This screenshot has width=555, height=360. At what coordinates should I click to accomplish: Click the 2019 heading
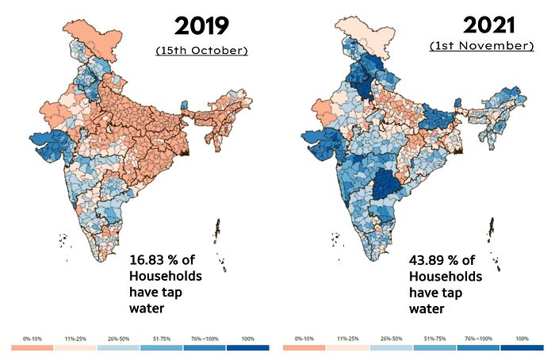click(x=201, y=25)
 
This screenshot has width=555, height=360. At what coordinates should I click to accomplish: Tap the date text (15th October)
click(x=201, y=51)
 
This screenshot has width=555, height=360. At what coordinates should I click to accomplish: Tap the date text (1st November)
click(x=481, y=46)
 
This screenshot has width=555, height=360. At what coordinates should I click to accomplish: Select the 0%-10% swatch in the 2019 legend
click(x=32, y=347)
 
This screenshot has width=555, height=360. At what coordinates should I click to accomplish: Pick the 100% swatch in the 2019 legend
click(x=247, y=347)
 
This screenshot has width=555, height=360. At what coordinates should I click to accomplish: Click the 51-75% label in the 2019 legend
click(x=162, y=339)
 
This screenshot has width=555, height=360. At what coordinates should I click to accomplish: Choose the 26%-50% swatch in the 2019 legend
click(x=118, y=347)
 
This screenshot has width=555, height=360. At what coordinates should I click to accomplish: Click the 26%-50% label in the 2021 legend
click(x=394, y=339)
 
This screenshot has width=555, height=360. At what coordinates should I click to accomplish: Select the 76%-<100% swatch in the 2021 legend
click(x=480, y=347)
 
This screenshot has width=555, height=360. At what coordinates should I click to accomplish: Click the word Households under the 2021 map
click(x=446, y=277)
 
